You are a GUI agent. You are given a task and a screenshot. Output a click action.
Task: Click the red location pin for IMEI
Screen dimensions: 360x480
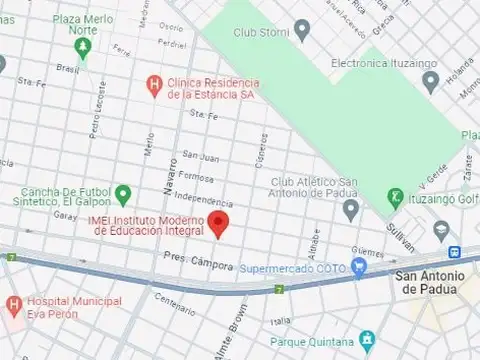(x=224, y=223)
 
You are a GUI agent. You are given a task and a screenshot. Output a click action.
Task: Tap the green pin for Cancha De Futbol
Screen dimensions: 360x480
(x=123, y=193)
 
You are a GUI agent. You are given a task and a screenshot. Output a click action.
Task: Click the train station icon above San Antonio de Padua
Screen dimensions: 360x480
(x=454, y=253)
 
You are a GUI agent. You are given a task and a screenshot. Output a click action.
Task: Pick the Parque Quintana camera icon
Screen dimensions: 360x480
(x=367, y=338)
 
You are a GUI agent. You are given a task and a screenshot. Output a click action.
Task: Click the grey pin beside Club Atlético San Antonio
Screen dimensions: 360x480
(x=351, y=209)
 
